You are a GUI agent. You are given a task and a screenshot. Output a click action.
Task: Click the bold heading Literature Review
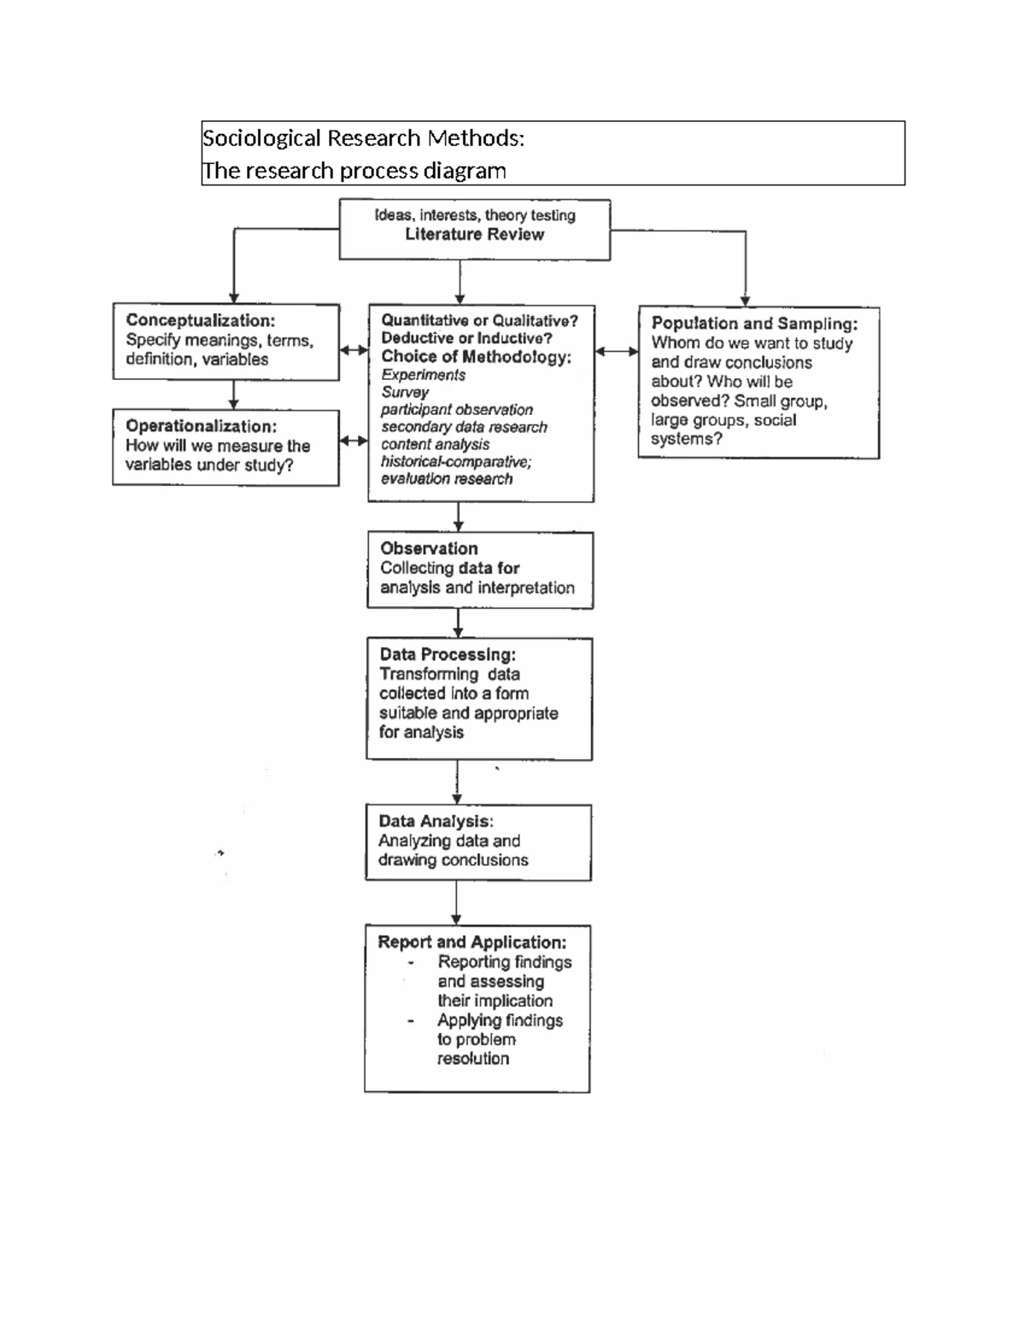(x=474, y=235)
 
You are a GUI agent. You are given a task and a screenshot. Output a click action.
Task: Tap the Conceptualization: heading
(x=200, y=320)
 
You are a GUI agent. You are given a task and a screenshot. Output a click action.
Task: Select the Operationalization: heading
(x=201, y=426)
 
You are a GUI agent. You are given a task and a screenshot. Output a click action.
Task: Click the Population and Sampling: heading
(x=754, y=324)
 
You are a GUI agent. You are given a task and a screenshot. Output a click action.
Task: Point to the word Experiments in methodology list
(x=423, y=375)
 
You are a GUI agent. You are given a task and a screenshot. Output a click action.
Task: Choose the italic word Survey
(x=405, y=392)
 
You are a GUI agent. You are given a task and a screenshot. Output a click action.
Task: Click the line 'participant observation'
(x=456, y=410)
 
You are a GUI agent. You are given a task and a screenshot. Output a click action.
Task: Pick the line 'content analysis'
(x=435, y=444)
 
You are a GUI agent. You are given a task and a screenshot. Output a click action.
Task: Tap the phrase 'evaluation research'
(x=446, y=479)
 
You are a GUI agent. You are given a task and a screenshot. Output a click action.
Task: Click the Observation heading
(x=429, y=548)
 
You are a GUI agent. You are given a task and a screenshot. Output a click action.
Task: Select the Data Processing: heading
(x=448, y=654)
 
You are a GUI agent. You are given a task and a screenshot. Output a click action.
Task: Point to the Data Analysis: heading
(x=436, y=821)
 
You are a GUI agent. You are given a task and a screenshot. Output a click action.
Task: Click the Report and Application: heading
(x=471, y=942)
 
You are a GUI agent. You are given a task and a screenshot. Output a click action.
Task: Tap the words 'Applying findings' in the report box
(x=500, y=1020)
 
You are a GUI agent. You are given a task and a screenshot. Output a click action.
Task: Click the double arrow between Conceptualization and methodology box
(x=354, y=350)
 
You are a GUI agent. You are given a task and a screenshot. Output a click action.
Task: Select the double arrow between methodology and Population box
(x=616, y=351)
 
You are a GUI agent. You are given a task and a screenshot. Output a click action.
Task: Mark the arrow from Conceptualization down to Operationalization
(x=233, y=394)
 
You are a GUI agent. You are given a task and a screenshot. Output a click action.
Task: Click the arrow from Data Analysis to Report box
(x=456, y=902)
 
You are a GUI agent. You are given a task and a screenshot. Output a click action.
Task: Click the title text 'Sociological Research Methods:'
(x=363, y=137)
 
